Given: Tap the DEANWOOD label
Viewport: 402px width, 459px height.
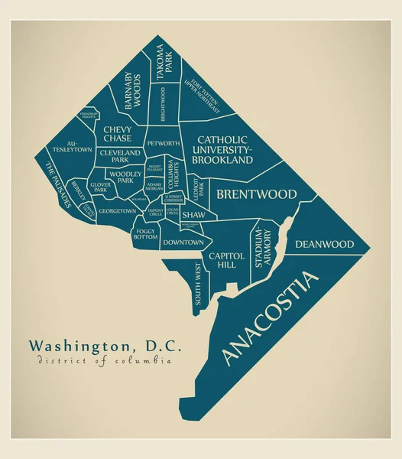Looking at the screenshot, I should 325,245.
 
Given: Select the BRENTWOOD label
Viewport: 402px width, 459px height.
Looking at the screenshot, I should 256,195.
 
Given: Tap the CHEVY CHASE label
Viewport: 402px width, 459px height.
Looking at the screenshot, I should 117,135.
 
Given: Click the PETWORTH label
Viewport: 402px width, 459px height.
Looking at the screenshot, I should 163,144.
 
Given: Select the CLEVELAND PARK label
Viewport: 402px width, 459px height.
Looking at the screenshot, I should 119,156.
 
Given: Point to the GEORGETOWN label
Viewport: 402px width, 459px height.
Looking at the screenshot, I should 118,211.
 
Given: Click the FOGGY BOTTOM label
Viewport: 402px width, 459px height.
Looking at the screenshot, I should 146,234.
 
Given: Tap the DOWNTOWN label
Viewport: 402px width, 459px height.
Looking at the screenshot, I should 183,243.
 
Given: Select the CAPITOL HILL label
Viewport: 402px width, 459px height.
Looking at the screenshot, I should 227,260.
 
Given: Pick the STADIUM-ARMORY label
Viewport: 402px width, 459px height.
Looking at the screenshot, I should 261,247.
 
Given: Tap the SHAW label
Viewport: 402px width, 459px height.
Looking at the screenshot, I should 193,216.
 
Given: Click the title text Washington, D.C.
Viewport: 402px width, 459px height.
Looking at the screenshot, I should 105,346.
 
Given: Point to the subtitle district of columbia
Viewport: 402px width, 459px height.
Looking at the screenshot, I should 102,362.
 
